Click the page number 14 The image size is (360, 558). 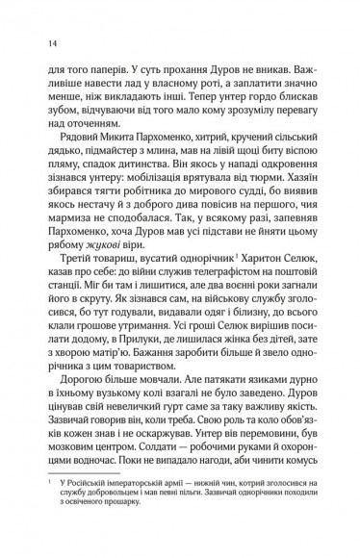pos(38,41)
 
